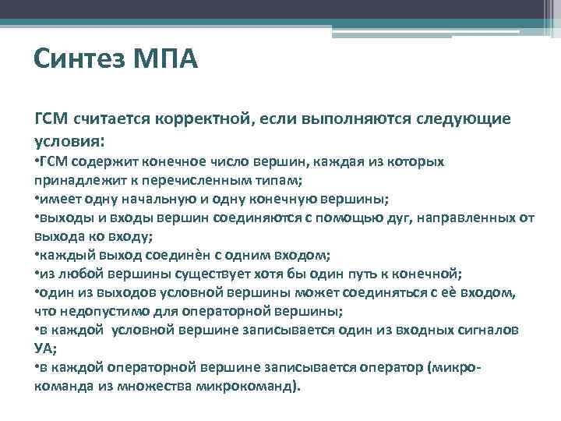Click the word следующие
coord(466,120)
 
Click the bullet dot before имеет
coord(37,197)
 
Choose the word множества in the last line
coord(150,386)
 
